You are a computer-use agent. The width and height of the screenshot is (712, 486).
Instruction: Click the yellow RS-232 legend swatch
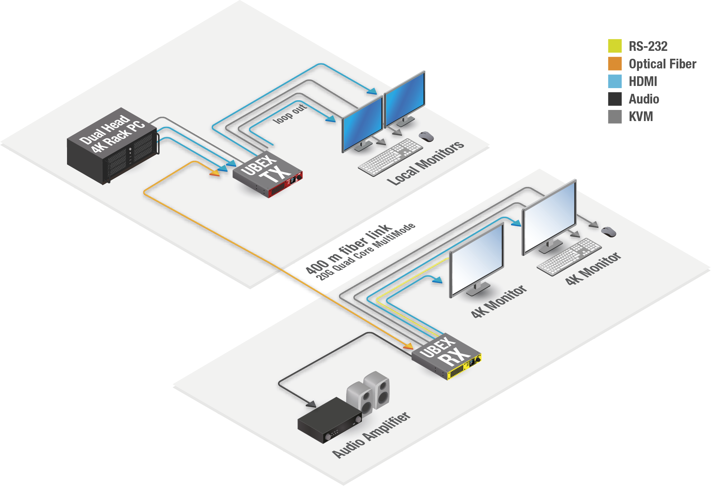615,46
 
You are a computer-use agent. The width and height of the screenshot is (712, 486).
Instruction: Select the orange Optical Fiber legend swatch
615,63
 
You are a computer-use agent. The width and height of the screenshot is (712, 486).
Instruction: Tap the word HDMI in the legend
643,82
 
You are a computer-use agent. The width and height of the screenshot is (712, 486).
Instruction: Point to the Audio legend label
644,99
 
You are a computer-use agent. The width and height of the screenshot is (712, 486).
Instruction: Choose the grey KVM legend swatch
615,117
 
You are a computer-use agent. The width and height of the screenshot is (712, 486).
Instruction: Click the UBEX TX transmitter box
267,174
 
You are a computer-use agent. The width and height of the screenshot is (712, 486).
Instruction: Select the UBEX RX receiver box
446,356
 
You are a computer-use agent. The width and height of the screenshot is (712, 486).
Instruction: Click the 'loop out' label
290,114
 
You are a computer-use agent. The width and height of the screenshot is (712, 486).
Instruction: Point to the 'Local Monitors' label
426,163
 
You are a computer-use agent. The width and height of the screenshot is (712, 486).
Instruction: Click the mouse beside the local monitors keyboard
426,136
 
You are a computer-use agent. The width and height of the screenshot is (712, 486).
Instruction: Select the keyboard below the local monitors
390,157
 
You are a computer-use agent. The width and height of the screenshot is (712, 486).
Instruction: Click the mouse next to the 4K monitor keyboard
608,232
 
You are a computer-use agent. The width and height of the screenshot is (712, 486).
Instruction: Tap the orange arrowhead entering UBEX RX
408,346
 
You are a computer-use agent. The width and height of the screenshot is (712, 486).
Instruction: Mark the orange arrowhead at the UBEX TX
215,173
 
